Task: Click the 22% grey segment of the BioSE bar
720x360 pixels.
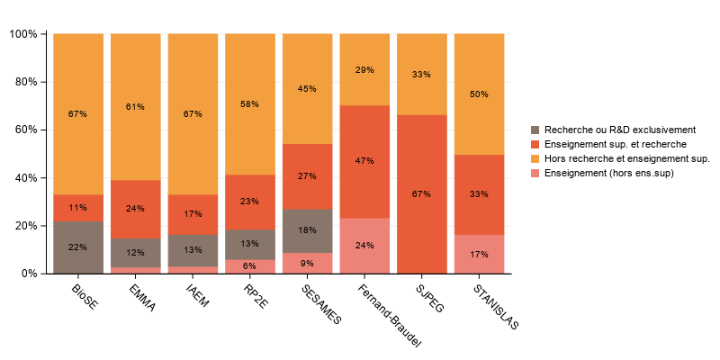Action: pyautogui.click(x=77, y=247)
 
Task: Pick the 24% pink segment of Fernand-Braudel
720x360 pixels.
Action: pyautogui.click(x=364, y=245)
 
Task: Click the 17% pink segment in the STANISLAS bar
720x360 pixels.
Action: pyautogui.click(x=479, y=254)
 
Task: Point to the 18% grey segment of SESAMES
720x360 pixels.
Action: pyautogui.click(x=307, y=230)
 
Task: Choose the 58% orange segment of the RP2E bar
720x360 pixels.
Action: pyautogui.click(x=249, y=104)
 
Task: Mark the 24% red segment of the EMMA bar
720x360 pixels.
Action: pyautogui.click(x=135, y=209)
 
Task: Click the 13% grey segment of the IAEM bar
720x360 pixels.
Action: pyautogui.click(x=193, y=250)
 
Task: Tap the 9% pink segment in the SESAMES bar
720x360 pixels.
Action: pyautogui.click(x=307, y=263)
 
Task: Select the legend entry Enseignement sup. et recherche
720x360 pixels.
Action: pyautogui.click(x=609, y=144)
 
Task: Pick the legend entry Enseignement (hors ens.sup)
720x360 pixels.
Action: pyautogui.click(x=608, y=173)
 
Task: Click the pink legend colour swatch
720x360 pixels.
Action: pyautogui.click(x=537, y=173)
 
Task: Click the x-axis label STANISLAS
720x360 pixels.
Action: pyautogui.click(x=496, y=309)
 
